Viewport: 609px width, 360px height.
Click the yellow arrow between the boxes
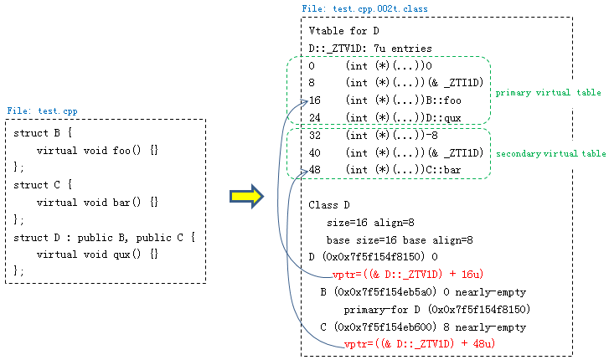tap(246, 197)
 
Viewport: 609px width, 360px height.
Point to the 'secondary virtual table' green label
tap(550, 154)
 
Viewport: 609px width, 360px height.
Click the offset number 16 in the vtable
tap(315, 100)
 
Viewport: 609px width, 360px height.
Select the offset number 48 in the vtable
tap(315, 170)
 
